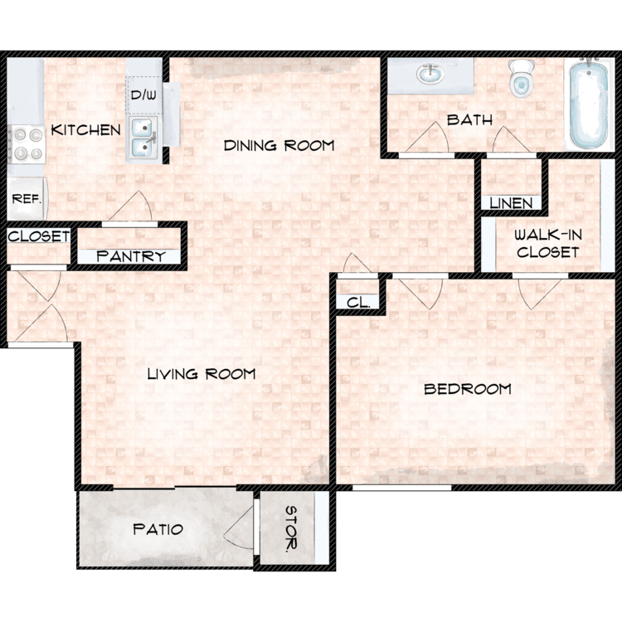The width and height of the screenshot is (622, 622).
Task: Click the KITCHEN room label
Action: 85,130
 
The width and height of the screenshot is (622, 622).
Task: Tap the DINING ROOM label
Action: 279,146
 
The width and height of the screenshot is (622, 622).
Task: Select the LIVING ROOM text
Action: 202,374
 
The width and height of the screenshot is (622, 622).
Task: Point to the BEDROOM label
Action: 468,389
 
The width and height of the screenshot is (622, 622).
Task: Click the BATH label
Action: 469,119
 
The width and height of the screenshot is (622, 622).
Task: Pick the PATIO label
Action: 158,529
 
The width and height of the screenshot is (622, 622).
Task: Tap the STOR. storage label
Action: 292,529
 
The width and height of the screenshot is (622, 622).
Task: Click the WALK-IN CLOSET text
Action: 548,243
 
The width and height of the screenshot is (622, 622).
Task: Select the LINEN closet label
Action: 511,203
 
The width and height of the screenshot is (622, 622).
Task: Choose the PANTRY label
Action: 131,256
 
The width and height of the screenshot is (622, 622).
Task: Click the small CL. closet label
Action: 358,303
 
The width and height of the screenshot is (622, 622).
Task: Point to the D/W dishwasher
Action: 143,95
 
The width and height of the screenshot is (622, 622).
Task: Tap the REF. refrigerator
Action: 27,198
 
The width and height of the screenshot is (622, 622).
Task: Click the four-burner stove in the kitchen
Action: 27,144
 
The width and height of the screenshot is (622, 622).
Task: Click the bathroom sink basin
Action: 430,74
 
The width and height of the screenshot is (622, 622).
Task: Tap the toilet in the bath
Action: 522,79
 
